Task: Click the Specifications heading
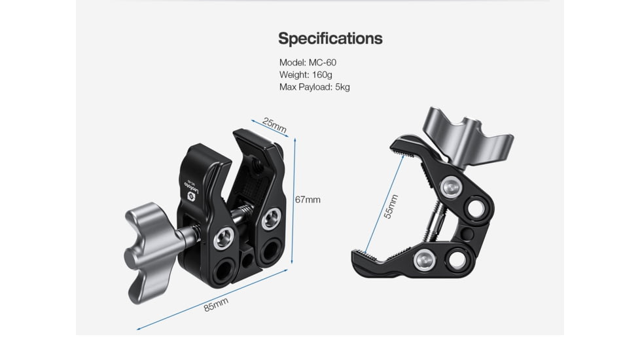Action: [x=330, y=38]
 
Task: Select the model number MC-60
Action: [x=322, y=62]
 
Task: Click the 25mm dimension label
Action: [x=274, y=124]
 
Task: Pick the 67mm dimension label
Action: [x=307, y=199]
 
